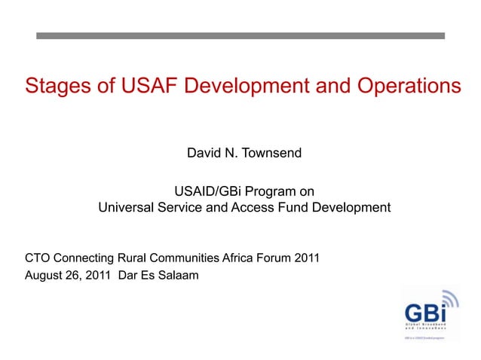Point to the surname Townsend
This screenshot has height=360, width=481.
271,154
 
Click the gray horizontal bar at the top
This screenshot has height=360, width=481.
240,35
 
